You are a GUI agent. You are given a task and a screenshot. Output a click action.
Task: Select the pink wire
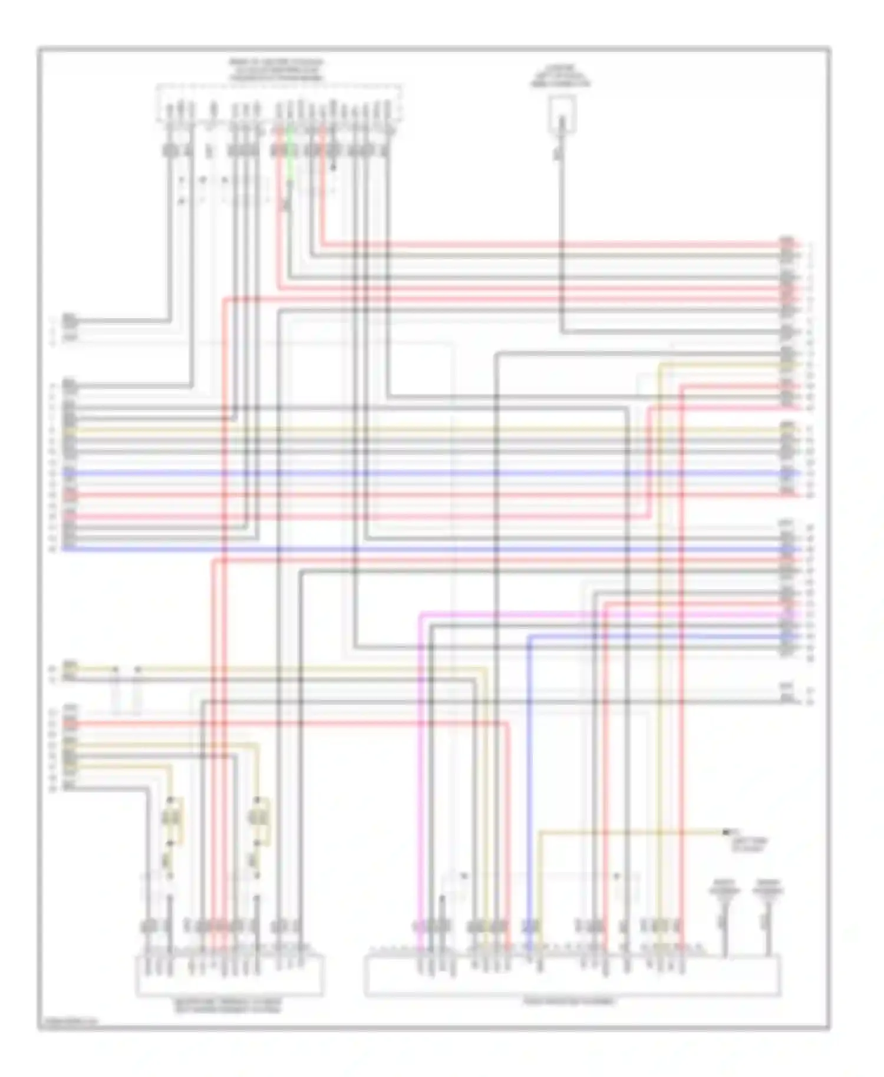pyautogui.click(x=421, y=766)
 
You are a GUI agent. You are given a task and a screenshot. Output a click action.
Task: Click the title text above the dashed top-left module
pyautogui.click(x=276, y=70)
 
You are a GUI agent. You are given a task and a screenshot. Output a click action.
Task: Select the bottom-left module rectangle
pyautogui.click(x=230, y=976)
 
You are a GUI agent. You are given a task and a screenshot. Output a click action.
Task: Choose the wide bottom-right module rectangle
pyautogui.click(x=572, y=976)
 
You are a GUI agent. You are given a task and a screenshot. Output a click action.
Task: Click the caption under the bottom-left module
pyautogui.click(x=227, y=1005)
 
